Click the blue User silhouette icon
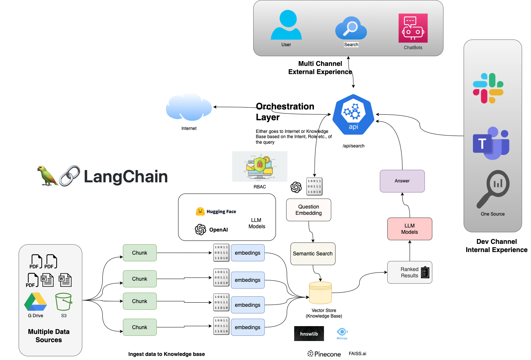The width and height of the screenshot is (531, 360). (286, 25)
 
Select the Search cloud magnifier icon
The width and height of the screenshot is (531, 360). (351, 28)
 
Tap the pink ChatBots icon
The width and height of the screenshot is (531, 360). (413, 28)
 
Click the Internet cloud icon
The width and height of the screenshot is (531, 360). (189, 108)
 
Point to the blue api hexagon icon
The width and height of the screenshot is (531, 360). (353, 114)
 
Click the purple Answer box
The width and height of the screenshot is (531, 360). (402, 181)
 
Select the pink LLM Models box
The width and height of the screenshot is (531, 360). (410, 229)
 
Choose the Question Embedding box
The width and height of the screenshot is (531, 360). (308, 210)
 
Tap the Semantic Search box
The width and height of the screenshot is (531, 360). (313, 254)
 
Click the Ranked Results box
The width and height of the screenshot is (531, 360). (410, 272)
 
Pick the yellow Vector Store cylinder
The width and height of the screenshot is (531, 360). (320, 293)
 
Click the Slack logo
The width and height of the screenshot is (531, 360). (488, 88)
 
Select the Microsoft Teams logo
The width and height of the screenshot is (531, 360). (491, 143)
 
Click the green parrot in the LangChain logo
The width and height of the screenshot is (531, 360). (47, 175)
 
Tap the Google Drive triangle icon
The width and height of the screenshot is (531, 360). (35, 302)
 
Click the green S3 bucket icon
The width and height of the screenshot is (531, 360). (64, 302)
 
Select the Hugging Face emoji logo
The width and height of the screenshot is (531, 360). (200, 211)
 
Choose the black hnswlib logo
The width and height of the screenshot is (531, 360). (309, 334)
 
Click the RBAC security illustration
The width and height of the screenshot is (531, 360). (260, 166)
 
